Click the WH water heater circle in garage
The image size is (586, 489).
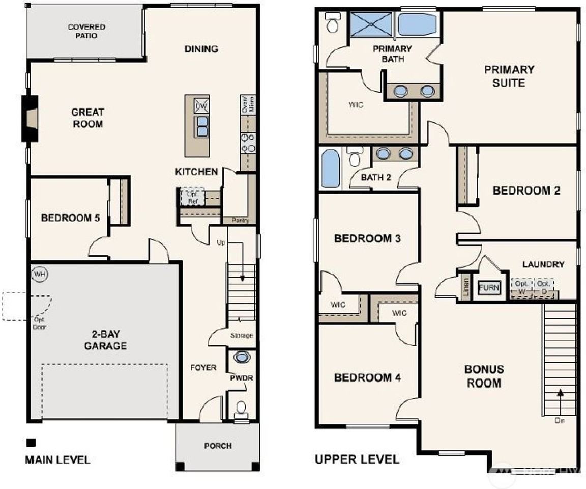(40, 275)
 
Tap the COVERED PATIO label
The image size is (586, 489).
(86, 31)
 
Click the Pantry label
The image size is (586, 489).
(240, 221)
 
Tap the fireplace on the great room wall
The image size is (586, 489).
(30, 119)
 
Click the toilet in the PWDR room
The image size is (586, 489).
(241, 407)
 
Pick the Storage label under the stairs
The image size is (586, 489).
(241, 336)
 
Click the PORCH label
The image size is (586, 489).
(218, 446)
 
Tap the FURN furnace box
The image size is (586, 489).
(489, 288)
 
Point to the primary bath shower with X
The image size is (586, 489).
(370, 24)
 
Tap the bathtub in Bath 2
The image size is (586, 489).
(330, 168)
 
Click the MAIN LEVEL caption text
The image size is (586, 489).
(57, 460)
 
